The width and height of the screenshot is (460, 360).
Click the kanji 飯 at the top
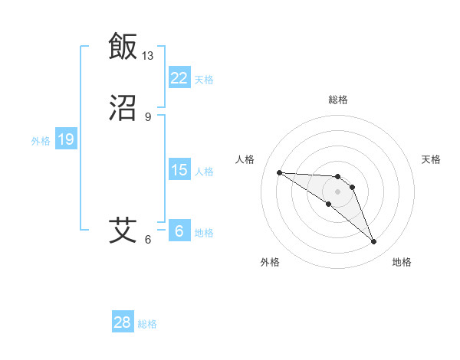[x=123, y=47]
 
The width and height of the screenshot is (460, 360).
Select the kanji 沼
[x=123, y=109]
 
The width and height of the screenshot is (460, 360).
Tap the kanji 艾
[x=123, y=230]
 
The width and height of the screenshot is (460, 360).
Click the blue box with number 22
[x=179, y=78]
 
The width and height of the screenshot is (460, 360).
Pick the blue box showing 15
[x=179, y=170]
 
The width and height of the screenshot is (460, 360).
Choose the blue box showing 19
[x=65, y=139]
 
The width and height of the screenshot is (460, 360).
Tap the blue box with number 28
[x=123, y=322]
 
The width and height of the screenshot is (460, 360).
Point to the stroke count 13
[x=148, y=56]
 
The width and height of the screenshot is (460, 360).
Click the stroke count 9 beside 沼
[x=148, y=117]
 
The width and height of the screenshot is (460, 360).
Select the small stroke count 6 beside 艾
[x=148, y=240]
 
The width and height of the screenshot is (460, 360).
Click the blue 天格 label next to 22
[x=204, y=79]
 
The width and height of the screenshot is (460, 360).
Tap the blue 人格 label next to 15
[x=204, y=171]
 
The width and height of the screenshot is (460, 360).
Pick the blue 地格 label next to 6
[x=204, y=232]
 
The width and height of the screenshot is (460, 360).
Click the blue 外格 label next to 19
[x=41, y=140]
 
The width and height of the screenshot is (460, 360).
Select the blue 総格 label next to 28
[x=147, y=323]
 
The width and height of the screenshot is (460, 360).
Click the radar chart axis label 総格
[x=337, y=100]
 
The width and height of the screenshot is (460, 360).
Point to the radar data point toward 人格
[x=279, y=172]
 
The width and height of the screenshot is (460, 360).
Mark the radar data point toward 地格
[x=374, y=242]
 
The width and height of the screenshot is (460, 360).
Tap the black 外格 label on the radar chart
[x=270, y=263]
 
